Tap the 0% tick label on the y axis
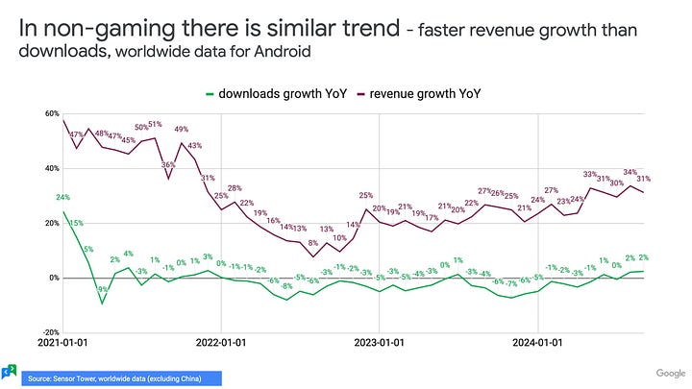pos(54,278)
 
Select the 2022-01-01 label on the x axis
pos(222,341)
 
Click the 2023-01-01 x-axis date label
pos(382,341)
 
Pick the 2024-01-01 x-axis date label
pos(541,341)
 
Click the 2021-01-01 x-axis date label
pos(63,341)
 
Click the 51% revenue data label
pos(155,126)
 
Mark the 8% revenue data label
pos(312,243)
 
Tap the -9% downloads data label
pos(101,289)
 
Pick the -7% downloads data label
pos(510,284)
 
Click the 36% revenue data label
pos(167,164)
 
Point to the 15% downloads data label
pos(76,223)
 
